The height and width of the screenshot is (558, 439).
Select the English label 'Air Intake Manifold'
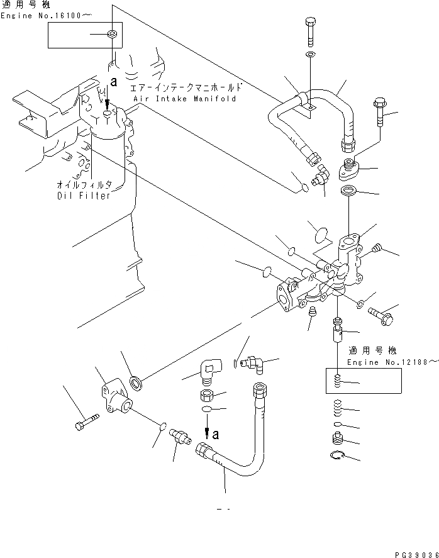[184, 99]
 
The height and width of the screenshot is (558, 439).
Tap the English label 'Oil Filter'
[82, 195]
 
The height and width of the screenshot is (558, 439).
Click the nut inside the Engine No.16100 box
[111, 33]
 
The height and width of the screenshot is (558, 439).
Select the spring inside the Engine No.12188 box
[338, 381]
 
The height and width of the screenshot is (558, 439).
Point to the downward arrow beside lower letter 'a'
[206, 433]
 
